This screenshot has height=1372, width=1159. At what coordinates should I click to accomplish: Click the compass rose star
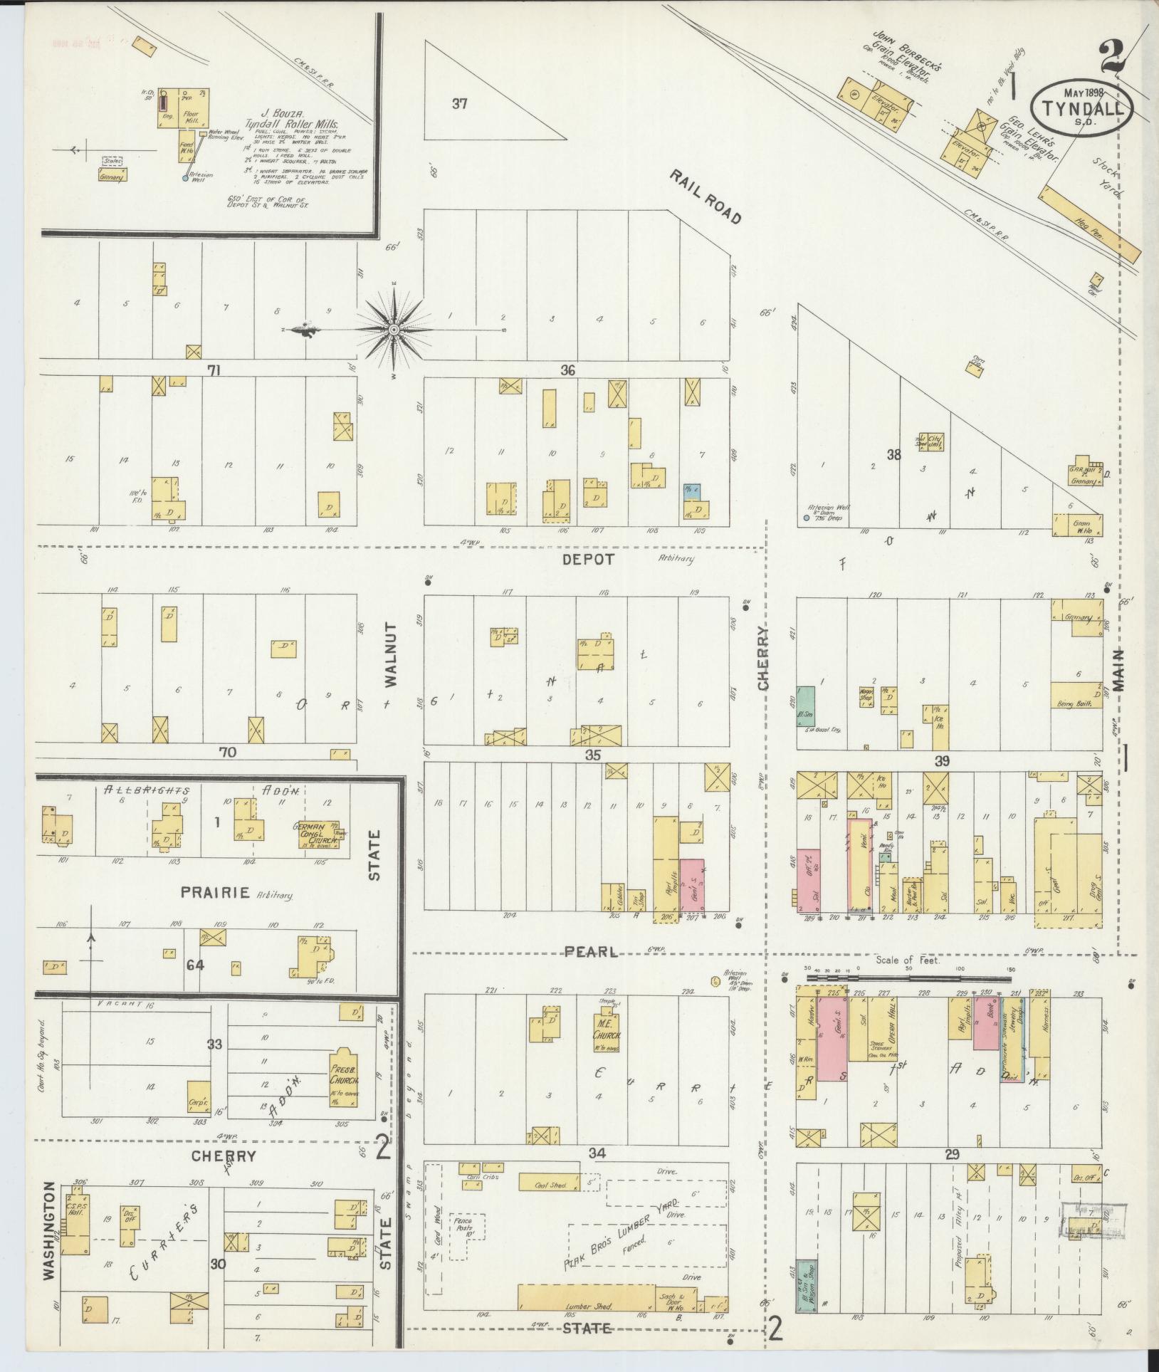394,330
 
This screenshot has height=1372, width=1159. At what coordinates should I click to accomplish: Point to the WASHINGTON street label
48,1220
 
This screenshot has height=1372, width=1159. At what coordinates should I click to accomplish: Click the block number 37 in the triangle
459,104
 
